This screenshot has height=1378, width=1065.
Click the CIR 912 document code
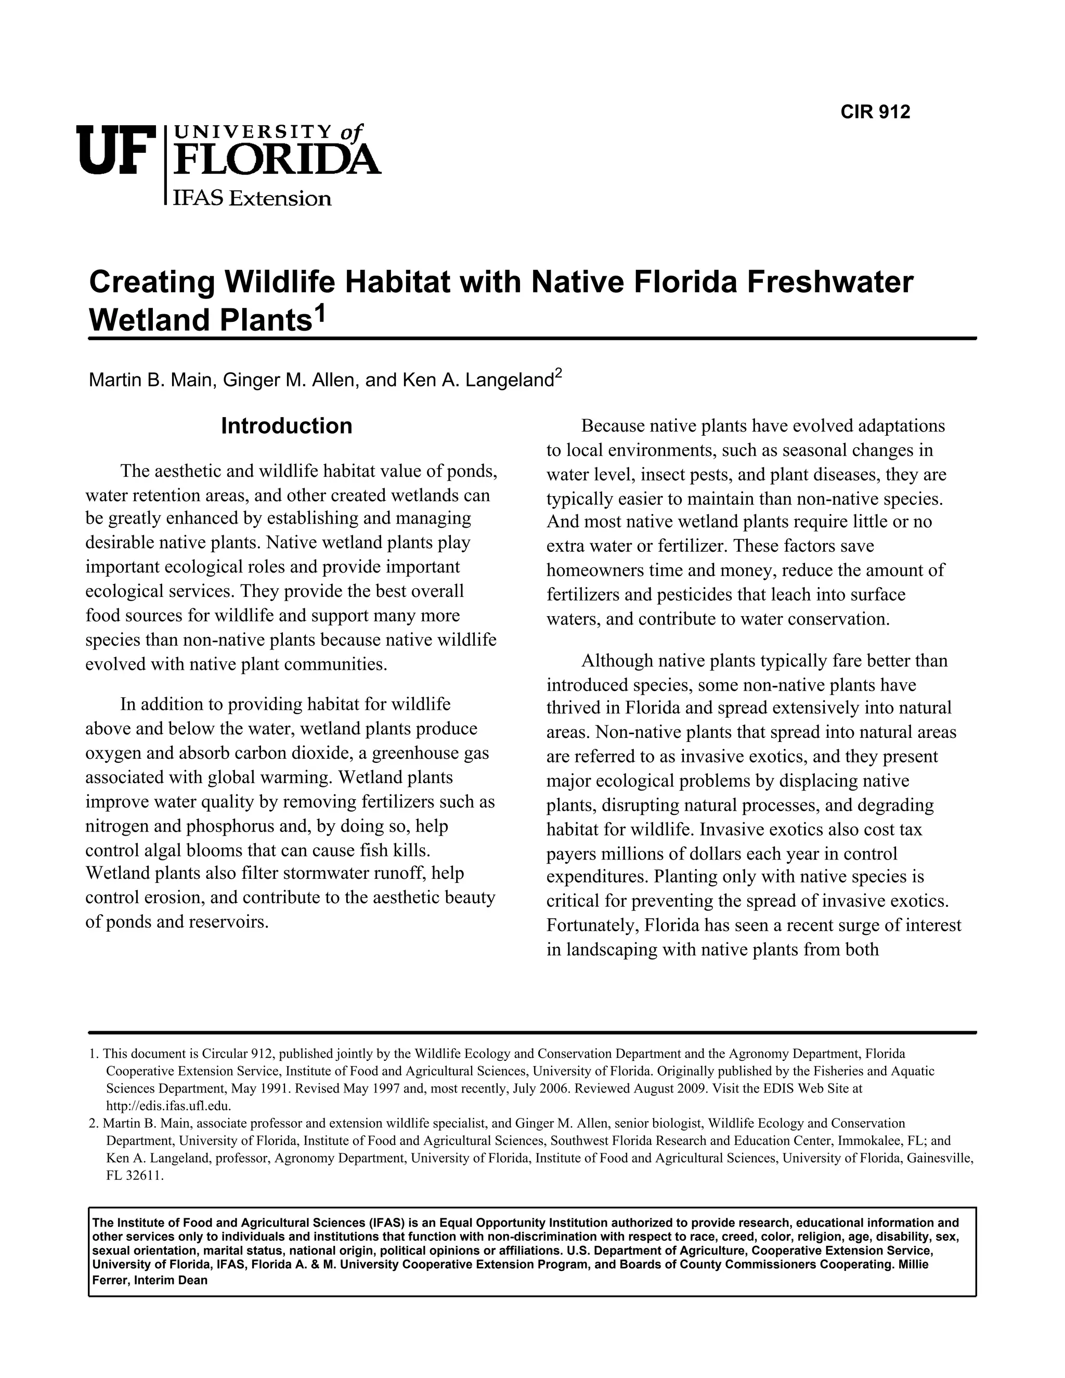pyautogui.click(x=875, y=112)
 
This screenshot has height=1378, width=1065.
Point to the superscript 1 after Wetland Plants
pyautogui.click(x=321, y=311)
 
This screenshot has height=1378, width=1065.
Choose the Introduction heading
pyautogui.click(x=287, y=426)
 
